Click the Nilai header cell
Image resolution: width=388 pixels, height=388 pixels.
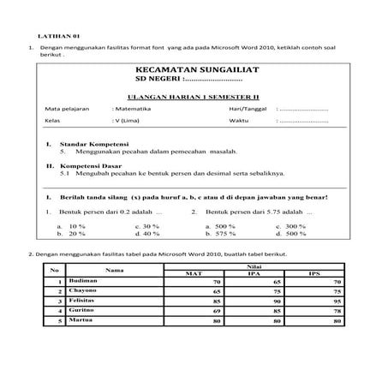253,266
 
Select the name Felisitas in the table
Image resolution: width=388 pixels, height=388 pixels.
84,301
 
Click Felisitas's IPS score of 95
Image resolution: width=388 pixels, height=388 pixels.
337,301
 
